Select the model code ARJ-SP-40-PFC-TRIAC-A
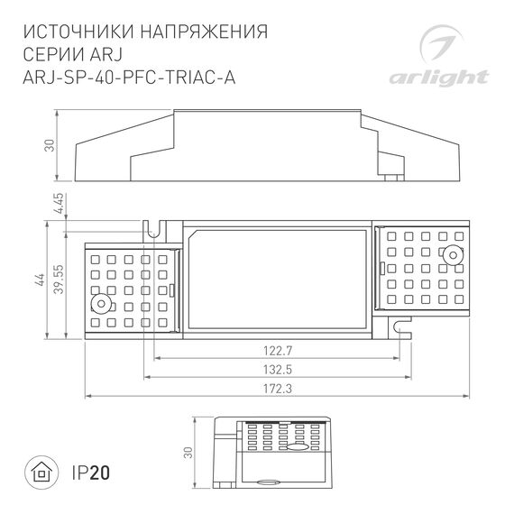coord(127,77)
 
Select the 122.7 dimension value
coord(277,349)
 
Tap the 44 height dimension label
coord(40,279)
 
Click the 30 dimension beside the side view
coord(50,144)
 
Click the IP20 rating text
coord(91,471)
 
